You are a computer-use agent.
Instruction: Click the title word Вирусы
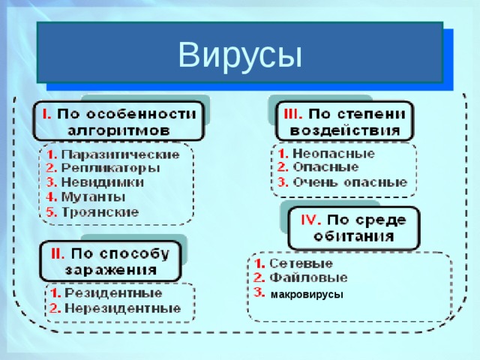pos(239,53)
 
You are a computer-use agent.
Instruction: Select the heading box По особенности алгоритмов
pos(117,121)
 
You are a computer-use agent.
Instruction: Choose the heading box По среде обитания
pos(353,227)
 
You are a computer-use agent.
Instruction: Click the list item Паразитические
pos(121,154)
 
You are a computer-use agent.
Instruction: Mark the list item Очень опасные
pos(349,181)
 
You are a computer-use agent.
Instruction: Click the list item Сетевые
pos(301,264)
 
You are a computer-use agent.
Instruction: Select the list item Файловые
pos(303,277)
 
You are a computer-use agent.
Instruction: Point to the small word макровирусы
pos(306,295)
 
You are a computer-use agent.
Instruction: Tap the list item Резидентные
pos(113,292)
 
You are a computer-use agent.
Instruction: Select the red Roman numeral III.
pos(293,113)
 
